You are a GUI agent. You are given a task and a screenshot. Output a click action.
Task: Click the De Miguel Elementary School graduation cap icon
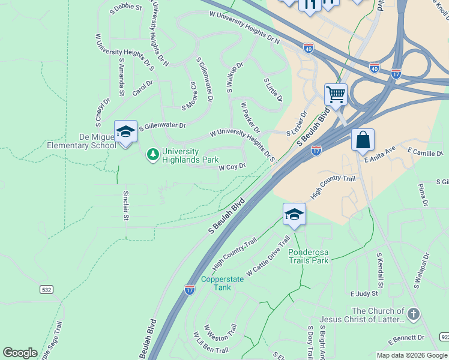[125, 131]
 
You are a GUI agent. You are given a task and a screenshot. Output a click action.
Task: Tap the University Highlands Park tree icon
[153, 155]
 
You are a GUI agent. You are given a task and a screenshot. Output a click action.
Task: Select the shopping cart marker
[336, 94]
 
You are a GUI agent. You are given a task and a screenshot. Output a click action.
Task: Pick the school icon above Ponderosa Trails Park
[294, 214]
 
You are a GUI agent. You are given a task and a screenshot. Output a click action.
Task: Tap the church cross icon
[412, 314]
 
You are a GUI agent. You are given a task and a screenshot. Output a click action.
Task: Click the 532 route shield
[46, 289]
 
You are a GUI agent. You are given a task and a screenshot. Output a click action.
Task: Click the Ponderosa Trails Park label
[309, 256]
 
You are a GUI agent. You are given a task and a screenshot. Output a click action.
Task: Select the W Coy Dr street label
[232, 167]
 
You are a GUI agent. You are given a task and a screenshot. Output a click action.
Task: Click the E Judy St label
[364, 294]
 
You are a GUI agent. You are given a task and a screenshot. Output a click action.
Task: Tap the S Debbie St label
[126, 9]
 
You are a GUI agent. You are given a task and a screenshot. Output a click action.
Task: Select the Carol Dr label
[143, 88]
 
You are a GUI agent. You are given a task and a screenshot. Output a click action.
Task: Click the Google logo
[20, 353]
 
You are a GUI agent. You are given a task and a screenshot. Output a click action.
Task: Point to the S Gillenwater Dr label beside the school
[162, 127]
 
